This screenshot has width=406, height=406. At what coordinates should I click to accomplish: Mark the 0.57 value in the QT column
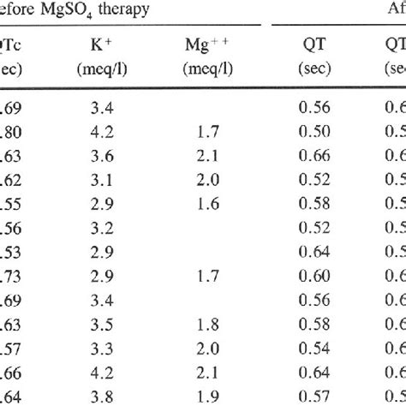tap(317, 397)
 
